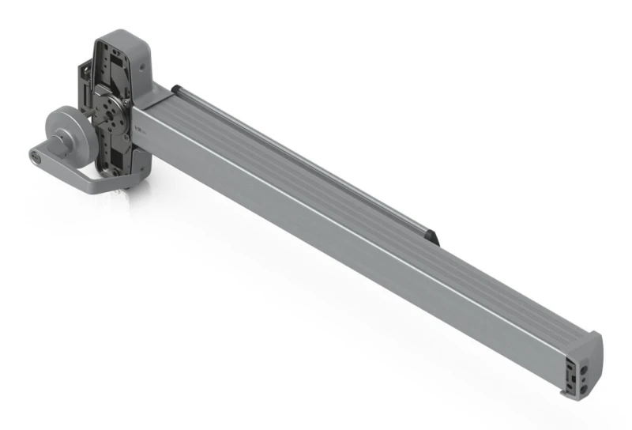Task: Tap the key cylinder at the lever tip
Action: pyautogui.click(x=37, y=157)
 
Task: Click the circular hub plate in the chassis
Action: pyautogui.click(x=111, y=106)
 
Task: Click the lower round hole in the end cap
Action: pyautogui.click(x=582, y=379)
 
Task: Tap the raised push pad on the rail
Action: pyautogui.click(x=300, y=158)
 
